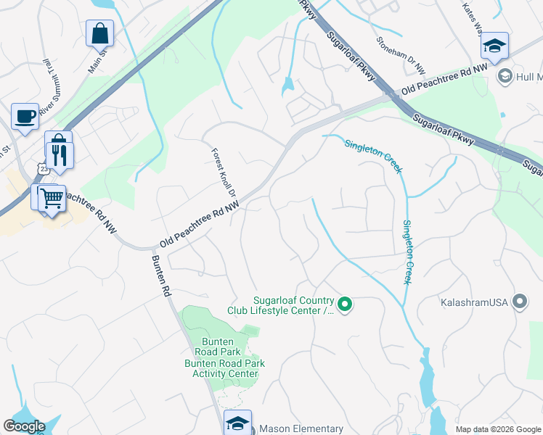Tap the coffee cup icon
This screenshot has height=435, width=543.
[25, 116]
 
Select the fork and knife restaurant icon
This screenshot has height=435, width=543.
[60, 154]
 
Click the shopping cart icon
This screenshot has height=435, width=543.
[51, 196]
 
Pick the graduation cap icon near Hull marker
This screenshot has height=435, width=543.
[494, 46]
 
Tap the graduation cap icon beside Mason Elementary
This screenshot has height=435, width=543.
[237, 423]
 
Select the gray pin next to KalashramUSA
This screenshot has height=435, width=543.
[519, 301]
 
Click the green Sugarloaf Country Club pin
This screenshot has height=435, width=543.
[346, 305]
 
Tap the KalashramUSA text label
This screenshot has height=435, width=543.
[475, 301]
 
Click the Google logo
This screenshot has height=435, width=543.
[24, 426]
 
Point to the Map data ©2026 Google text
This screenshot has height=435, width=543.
[498, 429]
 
